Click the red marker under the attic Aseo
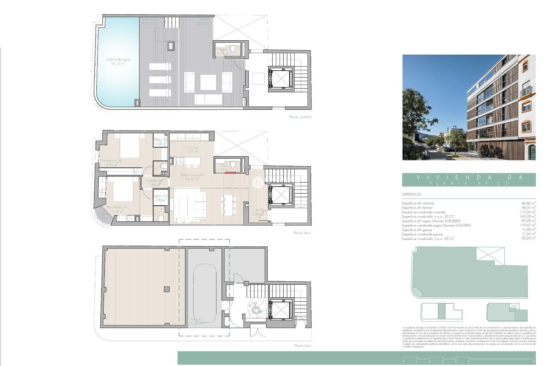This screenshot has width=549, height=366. pyautogui.click(x=230, y=173)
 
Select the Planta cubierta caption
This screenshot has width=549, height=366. pyautogui.click(x=300, y=117)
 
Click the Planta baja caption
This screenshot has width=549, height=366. pyautogui.click(x=303, y=346)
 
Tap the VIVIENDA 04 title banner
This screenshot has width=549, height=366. pyautogui.click(x=469, y=180)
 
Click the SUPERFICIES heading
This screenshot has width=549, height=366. pyautogui.click(x=411, y=194)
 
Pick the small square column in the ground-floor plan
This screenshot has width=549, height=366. pyautogui.click(x=167, y=289)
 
